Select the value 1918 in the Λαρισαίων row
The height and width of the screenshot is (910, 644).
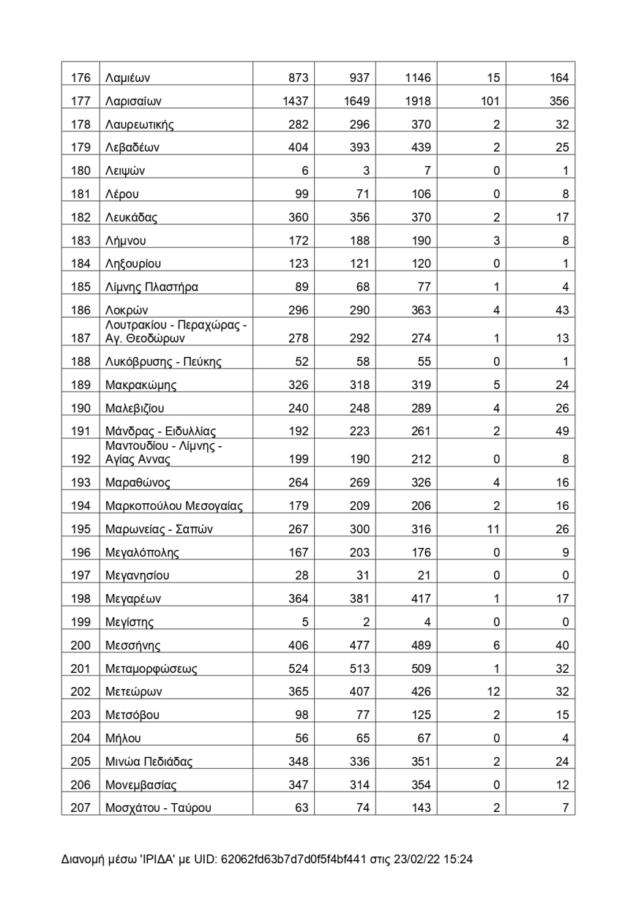pos(418,102)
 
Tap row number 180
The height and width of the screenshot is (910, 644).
pos(80,171)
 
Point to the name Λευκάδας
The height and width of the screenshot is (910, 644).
pos(132,217)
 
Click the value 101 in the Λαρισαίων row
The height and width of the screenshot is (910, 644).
pos(490,102)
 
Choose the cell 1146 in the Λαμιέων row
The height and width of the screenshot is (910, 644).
pos(418,78)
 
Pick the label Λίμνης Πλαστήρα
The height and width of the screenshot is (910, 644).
pos(151,287)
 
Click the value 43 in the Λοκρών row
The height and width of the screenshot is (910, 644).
pos(561,310)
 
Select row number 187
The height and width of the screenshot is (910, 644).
pos(80,338)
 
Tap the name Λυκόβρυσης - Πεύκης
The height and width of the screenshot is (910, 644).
pos(163,361)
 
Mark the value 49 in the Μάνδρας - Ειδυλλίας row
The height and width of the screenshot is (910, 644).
pos(561,431)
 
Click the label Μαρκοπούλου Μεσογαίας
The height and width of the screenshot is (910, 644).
pos(174,505)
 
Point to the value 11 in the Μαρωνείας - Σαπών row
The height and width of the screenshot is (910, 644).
pos(493,529)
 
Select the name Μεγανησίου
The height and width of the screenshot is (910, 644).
pos(138,576)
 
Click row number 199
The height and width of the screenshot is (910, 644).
pos(80,623)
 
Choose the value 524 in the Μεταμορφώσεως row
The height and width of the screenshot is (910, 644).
pos(299,669)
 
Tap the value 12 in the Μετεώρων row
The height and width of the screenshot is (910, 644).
pos(493,692)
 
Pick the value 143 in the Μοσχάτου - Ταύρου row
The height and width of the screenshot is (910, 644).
pos(421,808)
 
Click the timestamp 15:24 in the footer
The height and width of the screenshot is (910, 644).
pos(458,860)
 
